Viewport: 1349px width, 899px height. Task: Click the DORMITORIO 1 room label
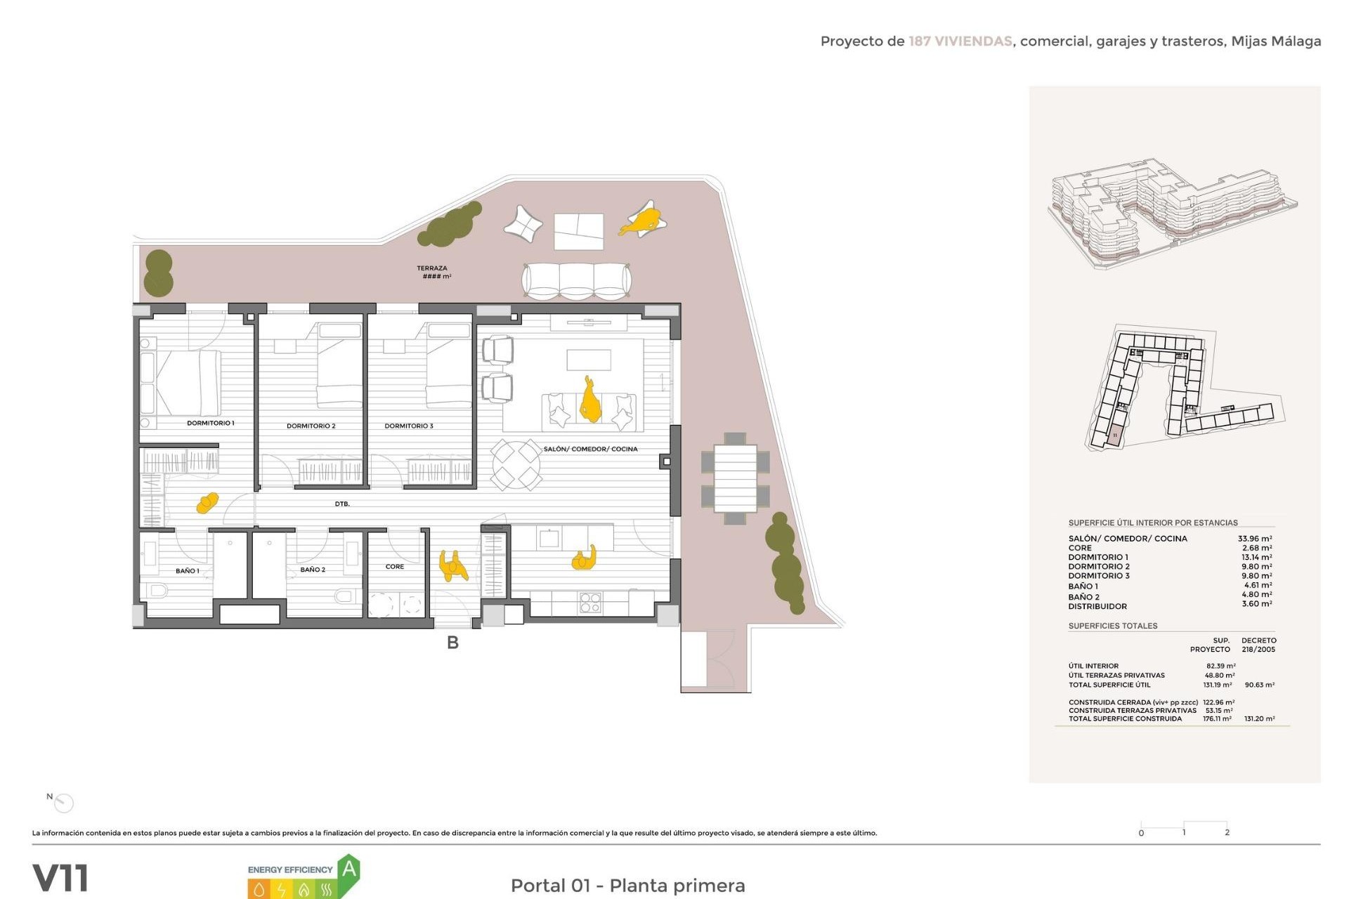[x=210, y=423]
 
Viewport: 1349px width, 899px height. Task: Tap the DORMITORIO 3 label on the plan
[x=408, y=426]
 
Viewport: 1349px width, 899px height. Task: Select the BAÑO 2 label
[x=313, y=570]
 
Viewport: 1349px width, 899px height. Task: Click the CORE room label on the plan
[x=394, y=566]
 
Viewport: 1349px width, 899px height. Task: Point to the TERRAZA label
[x=431, y=268]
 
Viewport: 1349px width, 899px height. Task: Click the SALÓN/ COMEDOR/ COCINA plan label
[x=590, y=449]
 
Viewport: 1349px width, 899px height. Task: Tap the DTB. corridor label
[x=342, y=504]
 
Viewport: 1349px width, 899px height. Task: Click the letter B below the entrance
[x=452, y=643]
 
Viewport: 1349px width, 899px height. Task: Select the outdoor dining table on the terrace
[x=735, y=478]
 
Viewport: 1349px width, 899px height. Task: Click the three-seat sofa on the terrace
[x=576, y=281]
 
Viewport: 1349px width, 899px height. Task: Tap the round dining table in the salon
[x=516, y=464]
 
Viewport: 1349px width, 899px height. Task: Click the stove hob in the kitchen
[x=589, y=603]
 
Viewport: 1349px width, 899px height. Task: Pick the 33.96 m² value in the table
[x=1254, y=539]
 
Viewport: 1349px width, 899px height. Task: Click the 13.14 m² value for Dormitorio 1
[x=1256, y=557]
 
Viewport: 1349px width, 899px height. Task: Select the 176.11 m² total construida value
[x=1216, y=718]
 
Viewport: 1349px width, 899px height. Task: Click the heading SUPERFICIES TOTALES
[x=1112, y=626]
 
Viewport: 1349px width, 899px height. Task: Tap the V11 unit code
[x=60, y=879]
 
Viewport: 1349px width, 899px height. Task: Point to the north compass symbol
[x=63, y=802]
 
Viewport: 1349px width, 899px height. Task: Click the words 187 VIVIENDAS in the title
[x=960, y=41]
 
